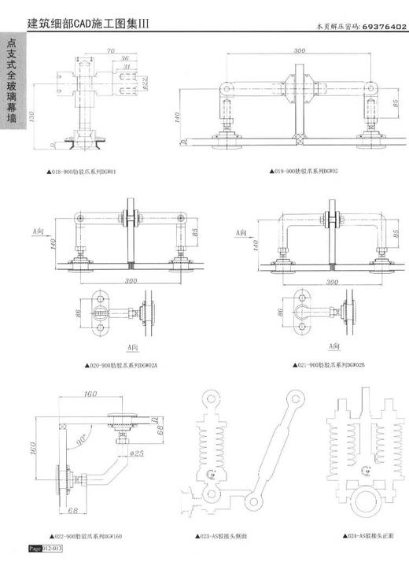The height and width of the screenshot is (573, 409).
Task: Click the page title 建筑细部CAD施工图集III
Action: tap(87, 24)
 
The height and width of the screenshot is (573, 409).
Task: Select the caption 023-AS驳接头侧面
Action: tap(222, 537)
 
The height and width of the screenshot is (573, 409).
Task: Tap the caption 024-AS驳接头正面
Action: tap(368, 537)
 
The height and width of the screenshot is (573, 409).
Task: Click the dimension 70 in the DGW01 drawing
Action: tap(111, 51)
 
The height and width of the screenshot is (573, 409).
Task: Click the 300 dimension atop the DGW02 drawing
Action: tap(299, 50)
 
